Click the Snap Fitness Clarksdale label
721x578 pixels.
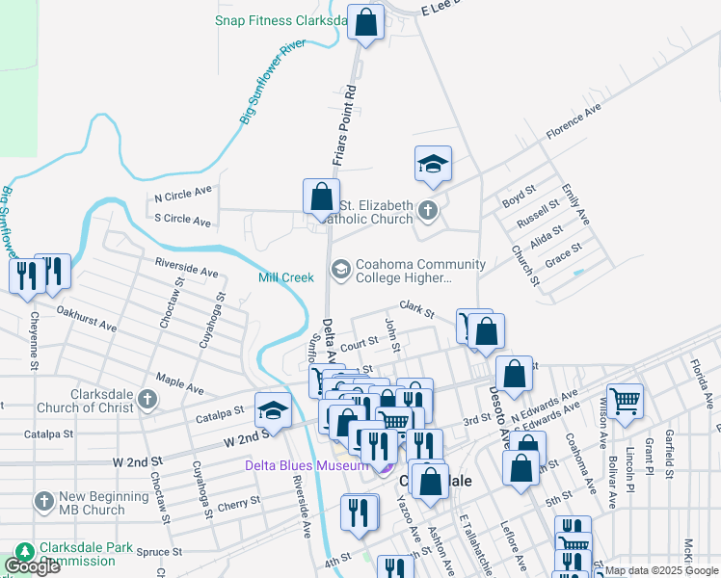(x=280, y=19)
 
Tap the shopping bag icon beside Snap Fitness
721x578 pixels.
(x=366, y=23)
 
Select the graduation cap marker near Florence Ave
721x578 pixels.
(x=434, y=165)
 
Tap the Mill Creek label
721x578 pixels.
(x=286, y=277)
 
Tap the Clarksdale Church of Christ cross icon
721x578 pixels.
(x=147, y=399)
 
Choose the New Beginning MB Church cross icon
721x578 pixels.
(x=43, y=501)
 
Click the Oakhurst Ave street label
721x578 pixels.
(x=86, y=320)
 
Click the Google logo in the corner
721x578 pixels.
(x=32, y=566)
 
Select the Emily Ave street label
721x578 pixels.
(x=574, y=206)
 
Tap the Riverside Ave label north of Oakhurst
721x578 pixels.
(x=186, y=266)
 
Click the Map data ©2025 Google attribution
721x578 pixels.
(x=661, y=570)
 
